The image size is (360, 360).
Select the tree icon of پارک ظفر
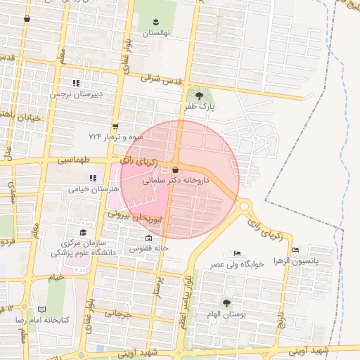tap(199, 96)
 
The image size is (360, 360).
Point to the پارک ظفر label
tap(199, 108)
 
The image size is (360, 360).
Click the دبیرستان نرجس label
tap(75, 93)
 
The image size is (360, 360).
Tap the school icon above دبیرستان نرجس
tap(75, 83)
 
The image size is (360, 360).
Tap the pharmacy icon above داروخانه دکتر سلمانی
tap(175, 170)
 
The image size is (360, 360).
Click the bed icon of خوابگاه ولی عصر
tap(237, 254)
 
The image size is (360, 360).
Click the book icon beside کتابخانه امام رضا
tap(42, 309)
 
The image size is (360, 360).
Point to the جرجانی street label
tap(119, 314)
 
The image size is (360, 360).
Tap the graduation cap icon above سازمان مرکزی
tap(83, 233)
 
